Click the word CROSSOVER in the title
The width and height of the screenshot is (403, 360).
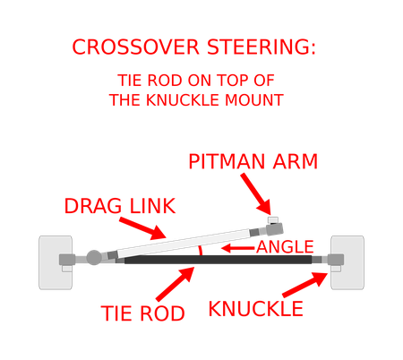(x=135, y=47)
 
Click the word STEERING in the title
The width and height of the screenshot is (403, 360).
(x=262, y=47)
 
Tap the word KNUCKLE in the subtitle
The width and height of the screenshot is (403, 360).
(x=184, y=100)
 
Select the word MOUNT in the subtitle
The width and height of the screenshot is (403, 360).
(x=254, y=100)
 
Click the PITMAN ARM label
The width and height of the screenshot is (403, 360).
(x=253, y=162)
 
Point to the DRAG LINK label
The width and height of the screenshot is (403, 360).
(x=120, y=206)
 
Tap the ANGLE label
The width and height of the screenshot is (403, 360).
(x=285, y=247)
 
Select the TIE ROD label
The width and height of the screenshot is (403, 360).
(x=143, y=313)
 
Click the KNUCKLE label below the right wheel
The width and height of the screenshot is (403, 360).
(x=256, y=309)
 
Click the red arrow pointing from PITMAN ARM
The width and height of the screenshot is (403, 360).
(x=256, y=194)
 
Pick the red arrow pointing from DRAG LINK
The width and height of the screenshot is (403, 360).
(x=142, y=228)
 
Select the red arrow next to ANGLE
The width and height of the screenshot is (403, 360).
(x=238, y=248)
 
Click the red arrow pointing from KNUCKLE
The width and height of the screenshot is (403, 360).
(x=305, y=285)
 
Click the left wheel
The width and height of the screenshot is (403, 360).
(x=56, y=262)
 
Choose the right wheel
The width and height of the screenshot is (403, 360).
(x=347, y=262)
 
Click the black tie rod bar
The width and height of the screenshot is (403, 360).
(x=219, y=260)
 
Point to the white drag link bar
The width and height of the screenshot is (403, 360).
(x=184, y=244)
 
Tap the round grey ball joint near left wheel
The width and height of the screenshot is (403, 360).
(x=94, y=257)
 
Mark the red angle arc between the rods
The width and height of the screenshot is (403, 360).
(x=201, y=250)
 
